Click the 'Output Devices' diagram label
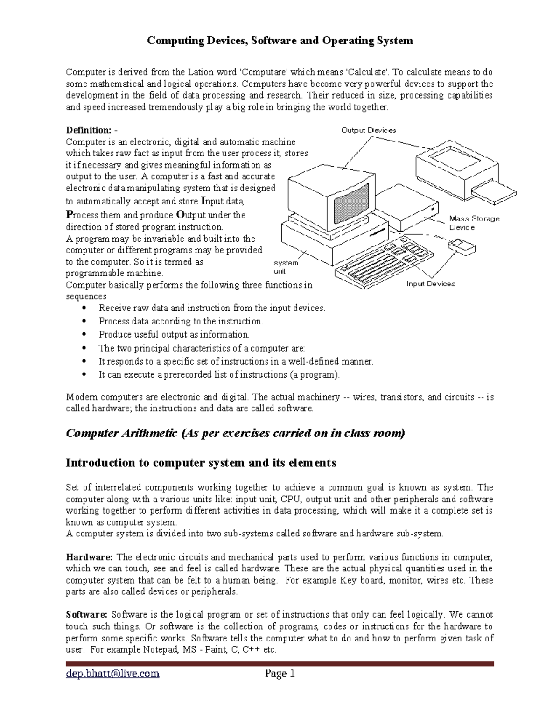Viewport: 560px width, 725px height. click(369, 130)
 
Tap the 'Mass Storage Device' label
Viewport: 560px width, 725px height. click(474, 223)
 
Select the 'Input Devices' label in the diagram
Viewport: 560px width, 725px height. click(430, 283)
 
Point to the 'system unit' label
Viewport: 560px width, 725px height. click(285, 267)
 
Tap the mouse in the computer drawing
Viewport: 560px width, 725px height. click(462, 246)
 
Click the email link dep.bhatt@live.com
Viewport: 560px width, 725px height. click(112, 674)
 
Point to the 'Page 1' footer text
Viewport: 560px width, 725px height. click(280, 674)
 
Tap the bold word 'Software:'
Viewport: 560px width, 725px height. click(86, 615)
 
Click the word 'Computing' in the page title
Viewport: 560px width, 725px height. click(175, 41)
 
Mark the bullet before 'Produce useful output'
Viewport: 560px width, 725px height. click(84, 334)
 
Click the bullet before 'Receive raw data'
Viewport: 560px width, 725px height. click(84, 308)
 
